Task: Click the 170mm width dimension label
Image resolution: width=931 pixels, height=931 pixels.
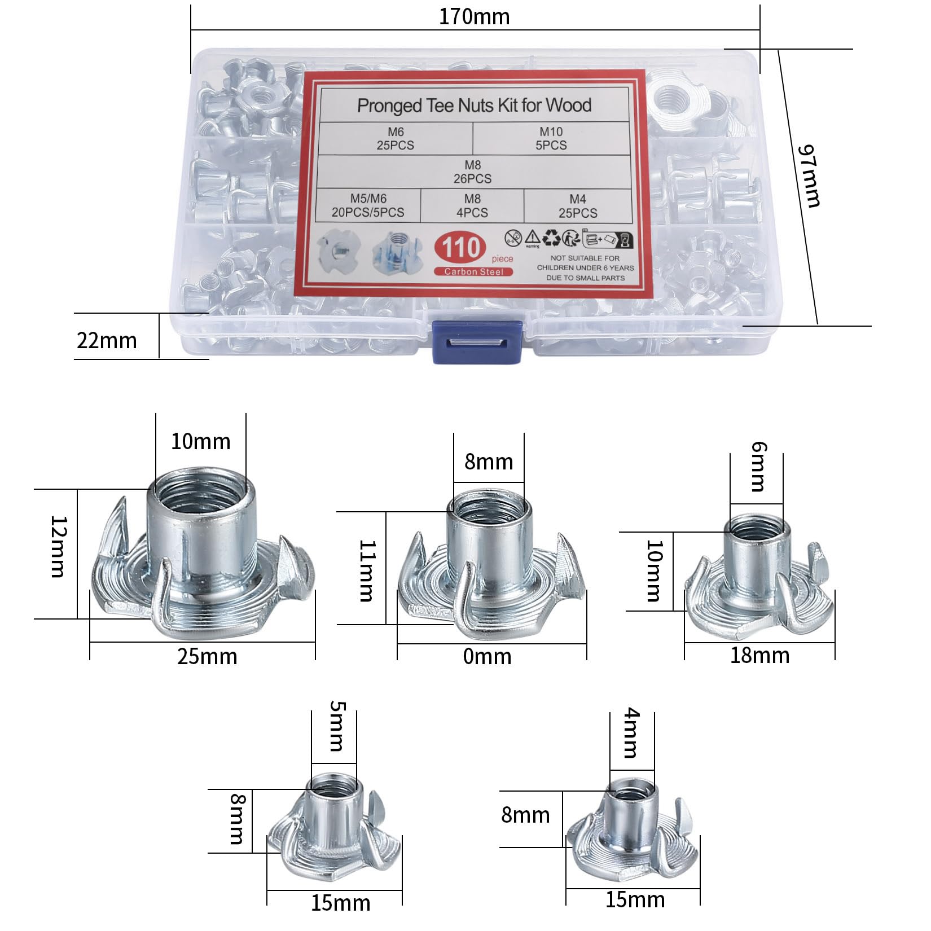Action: tap(474, 16)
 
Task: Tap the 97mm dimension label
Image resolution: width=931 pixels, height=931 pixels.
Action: tap(809, 175)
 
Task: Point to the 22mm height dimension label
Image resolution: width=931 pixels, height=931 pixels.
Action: tap(107, 340)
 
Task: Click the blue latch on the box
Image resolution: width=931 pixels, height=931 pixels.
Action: tap(477, 342)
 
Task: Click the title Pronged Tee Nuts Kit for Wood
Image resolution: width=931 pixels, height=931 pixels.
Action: tap(474, 105)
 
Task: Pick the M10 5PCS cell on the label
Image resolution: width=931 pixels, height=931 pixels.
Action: tap(551, 138)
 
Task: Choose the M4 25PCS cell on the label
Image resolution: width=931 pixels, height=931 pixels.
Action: tap(578, 206)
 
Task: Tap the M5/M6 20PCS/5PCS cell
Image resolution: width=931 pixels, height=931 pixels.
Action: tap(368, 205)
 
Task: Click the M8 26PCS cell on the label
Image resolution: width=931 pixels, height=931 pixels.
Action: tap(473, 172)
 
